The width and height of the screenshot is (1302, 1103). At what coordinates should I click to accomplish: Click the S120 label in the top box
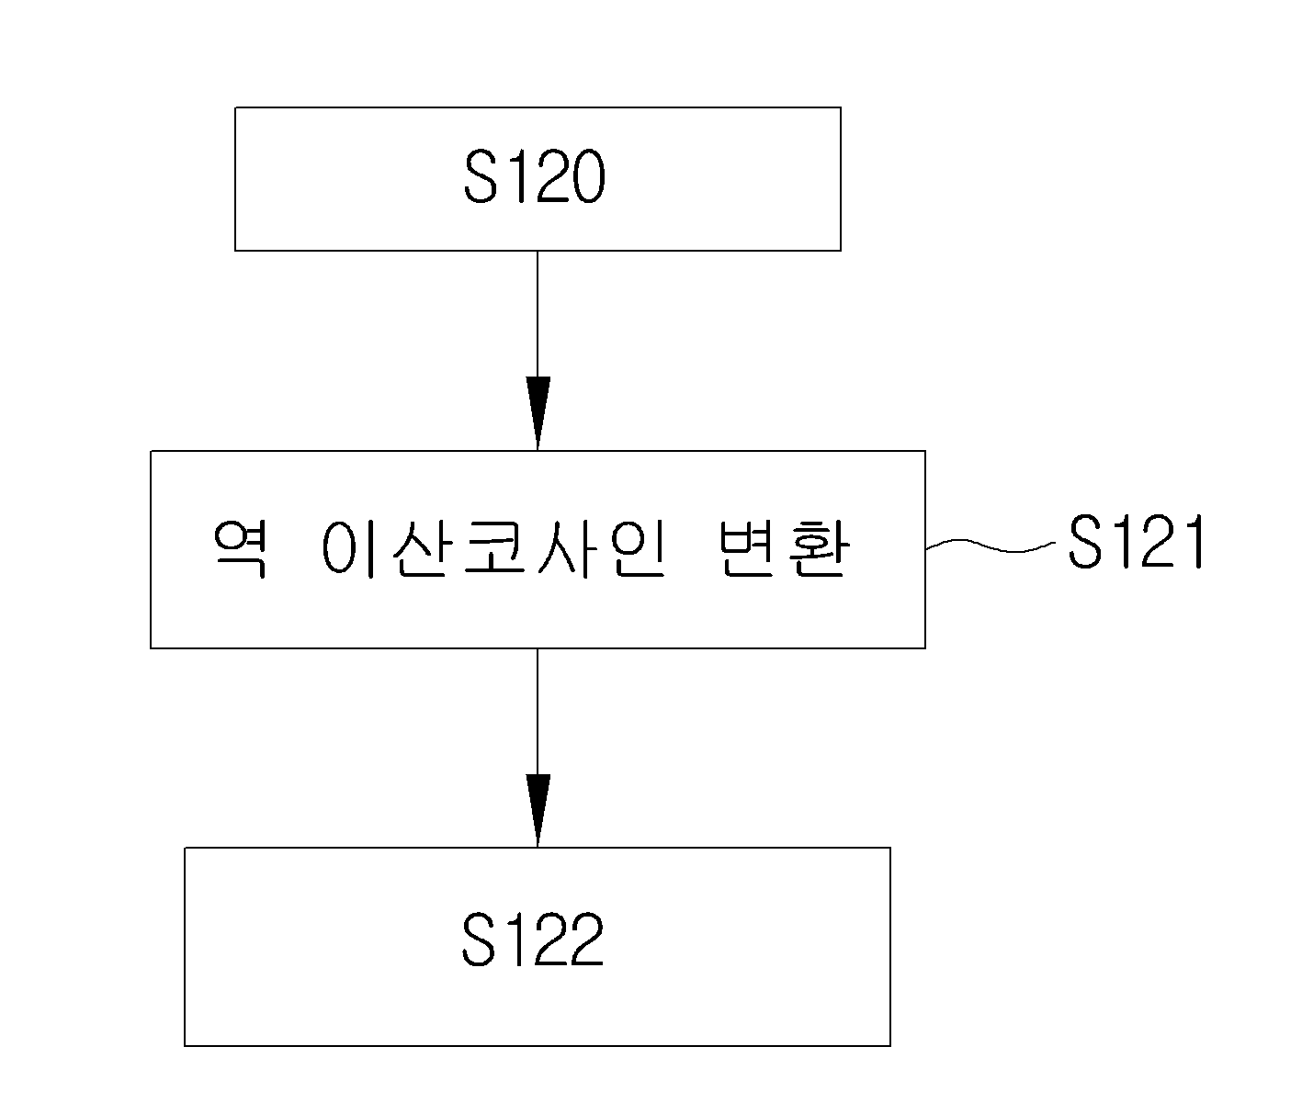coord(534,177)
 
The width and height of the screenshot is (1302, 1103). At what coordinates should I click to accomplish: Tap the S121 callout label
coord(1137,542)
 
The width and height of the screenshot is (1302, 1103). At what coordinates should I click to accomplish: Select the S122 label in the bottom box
coord(533,940)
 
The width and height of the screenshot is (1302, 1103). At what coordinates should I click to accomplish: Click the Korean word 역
coord(240,549)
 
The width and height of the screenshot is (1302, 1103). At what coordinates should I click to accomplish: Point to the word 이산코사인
coord(493,549)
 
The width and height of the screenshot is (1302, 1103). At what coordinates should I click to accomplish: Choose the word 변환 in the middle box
coord(784,549)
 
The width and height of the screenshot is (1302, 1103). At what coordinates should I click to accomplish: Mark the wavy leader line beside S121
coord(991,546)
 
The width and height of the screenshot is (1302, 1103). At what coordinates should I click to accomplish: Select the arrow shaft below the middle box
coord(538,712)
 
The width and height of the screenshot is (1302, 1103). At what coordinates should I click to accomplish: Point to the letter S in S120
coord(481,177)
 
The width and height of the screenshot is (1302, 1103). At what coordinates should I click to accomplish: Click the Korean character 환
coord(819,549)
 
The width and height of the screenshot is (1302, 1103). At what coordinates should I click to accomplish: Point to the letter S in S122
coord(480,940)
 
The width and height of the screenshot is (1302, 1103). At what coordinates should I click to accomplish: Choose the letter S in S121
coord(1084,542)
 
